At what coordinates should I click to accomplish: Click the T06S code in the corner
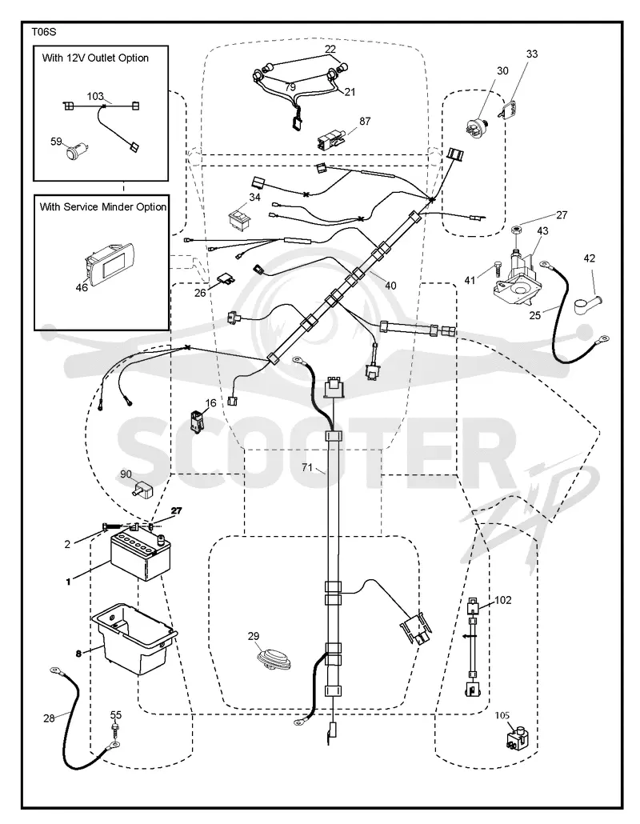click(x=44, y=31)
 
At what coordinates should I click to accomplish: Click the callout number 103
click(x=95, y=96)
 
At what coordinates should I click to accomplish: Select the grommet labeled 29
click(x=271, y=658)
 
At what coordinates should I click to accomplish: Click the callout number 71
click(x=307, y=467)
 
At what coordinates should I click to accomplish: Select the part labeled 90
click(x=140, y=490)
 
